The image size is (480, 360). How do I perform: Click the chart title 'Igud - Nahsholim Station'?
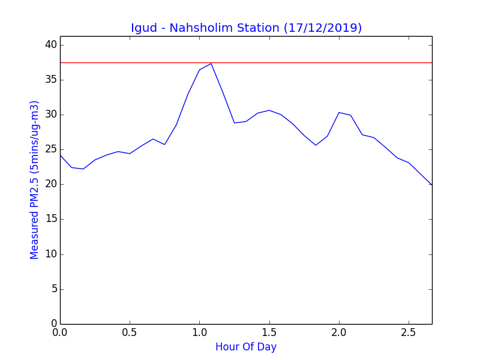tap(205, 28)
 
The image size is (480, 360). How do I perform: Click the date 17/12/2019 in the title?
tap(323, 28)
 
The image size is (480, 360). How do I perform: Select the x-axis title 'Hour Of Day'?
tap(246, 347)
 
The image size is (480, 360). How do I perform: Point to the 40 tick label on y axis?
tap(51, 44)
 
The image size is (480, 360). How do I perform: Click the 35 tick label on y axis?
tap(51, 80)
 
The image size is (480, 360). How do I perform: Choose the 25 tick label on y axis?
tap(51, 149)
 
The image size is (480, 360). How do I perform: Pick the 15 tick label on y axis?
tap(51, 219)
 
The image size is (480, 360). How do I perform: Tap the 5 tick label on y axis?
tap(54, 289)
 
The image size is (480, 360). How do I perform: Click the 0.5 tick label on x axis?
tap(130, 332)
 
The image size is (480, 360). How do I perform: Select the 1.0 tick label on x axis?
tap(200, 332)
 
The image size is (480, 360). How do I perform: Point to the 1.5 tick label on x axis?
tap(269, 332)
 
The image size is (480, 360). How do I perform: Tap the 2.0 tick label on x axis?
tap(339, 332)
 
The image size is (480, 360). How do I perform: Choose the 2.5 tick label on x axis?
tap(409, 332)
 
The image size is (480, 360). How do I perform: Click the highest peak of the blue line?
tap(211, 64)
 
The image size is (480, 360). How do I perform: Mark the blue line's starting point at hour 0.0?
tap(61, 155)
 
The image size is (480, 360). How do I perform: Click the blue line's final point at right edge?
tap(432, 185)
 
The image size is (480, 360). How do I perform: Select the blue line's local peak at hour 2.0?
tap(339, 113)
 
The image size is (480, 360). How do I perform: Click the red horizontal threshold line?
tap(246, 63)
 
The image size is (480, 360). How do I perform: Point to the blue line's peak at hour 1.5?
tap(269, 110)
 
